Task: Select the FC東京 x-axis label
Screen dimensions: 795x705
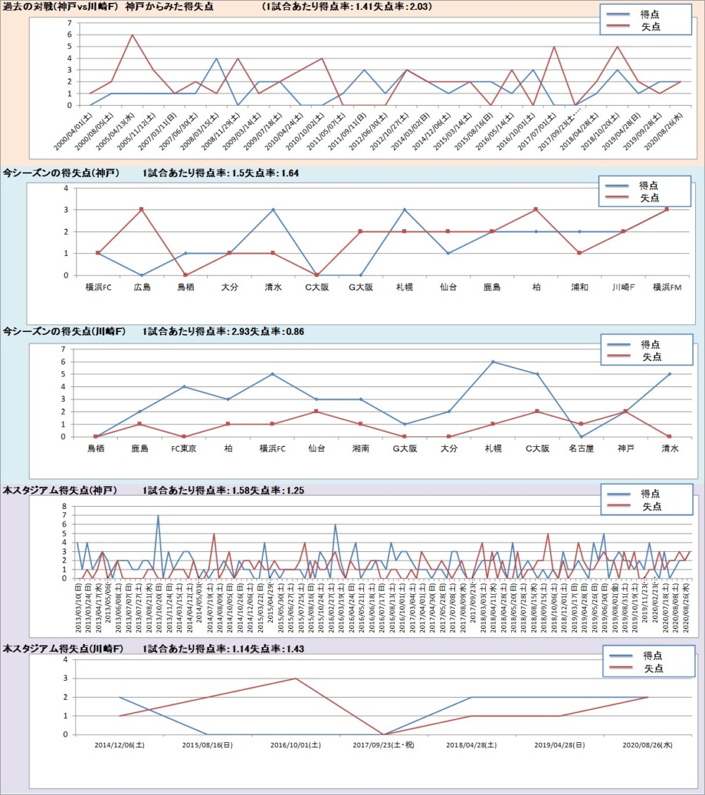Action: [x=183, y=448]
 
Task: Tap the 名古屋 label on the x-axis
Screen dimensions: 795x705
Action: [x=581, y=448]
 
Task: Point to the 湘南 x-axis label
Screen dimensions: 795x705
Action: [x=360, y=448]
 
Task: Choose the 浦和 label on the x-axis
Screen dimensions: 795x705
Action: [x=580, y=288]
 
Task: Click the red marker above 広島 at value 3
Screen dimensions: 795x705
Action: [x=142, y=209]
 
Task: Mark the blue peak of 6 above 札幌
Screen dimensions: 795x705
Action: [x=493, y=362]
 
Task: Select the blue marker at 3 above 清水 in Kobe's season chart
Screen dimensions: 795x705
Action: [x=273, y=209]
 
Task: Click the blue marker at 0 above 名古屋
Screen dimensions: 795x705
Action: [x=581, y=436]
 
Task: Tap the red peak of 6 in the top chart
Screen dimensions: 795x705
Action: [x=132, y=35]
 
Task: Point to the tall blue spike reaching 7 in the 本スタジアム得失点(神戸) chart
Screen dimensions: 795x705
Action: [x=158, y=516]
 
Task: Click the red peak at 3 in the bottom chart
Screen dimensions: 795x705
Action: [x=295, y=679]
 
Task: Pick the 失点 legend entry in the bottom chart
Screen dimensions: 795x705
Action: [x=652, y=668]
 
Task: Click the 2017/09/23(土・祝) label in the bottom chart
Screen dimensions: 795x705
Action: [x=384, y=744]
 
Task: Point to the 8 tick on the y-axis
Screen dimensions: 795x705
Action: [x=63, y=507]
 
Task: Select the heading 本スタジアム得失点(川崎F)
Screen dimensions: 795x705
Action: [x=59, y=648]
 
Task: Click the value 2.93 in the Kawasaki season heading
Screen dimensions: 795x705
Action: [x=234, y=331]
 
